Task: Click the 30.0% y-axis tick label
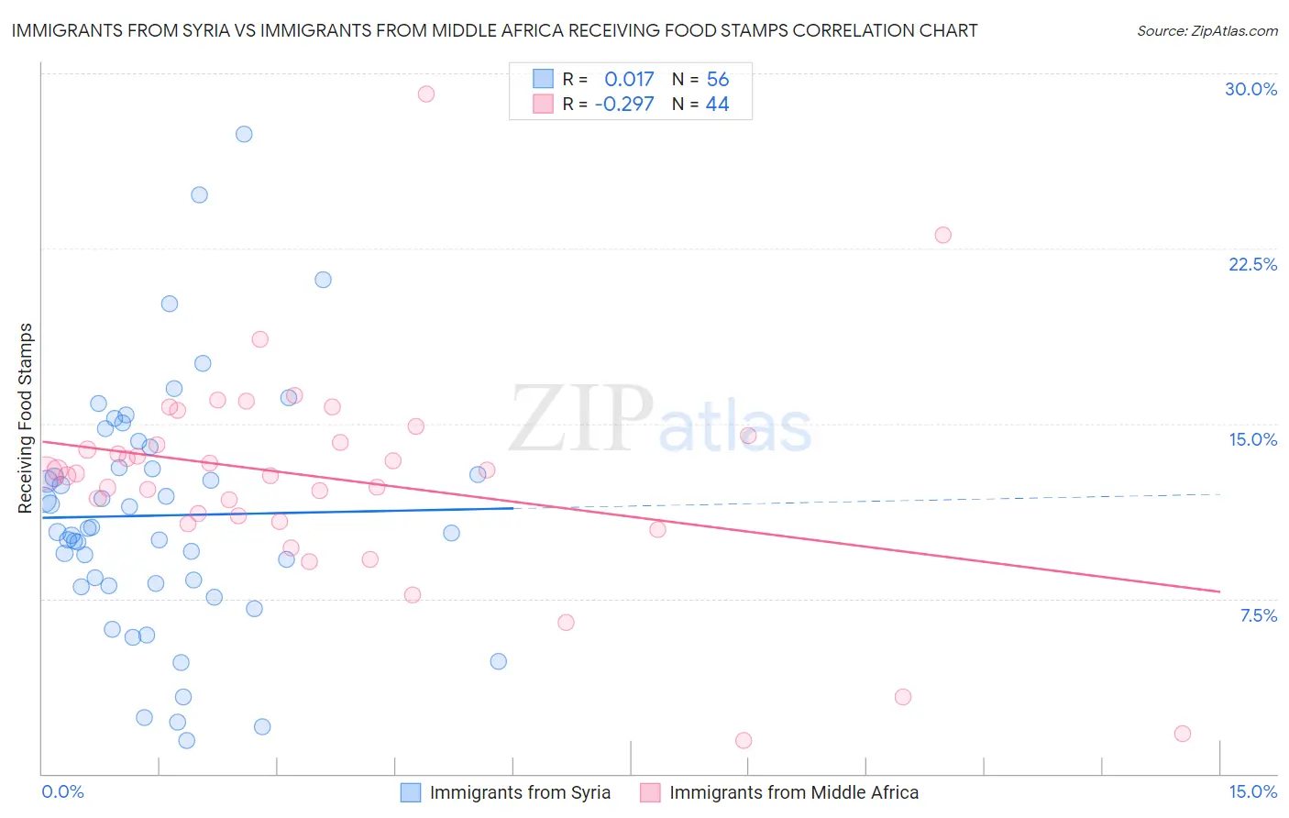tap(1250, 89)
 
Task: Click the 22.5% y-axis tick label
tap(1252, 264)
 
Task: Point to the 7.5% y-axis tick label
tap(1258, 615)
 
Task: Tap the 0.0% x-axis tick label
tap(62, 791)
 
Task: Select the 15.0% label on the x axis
tap(1252, 791)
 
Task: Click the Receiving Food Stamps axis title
tap(26, 418)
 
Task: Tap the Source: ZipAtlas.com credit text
tap(1206, 30)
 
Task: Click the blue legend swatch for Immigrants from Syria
tap(411, 792)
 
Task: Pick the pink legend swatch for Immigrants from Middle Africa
tap(650, 792)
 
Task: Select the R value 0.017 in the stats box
tap(629, 79)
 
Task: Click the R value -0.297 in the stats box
tap(624, 104)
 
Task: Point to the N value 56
tap(718, 79)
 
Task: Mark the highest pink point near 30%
tap(425, 94)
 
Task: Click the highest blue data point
tap(244, 134)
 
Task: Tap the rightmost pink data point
tap(1183, 734)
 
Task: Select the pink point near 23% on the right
tap(942, 235)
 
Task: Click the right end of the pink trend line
tap(1219, 591)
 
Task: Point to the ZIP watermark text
tap(581, 418)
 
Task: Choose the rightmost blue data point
tap(498, 661)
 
